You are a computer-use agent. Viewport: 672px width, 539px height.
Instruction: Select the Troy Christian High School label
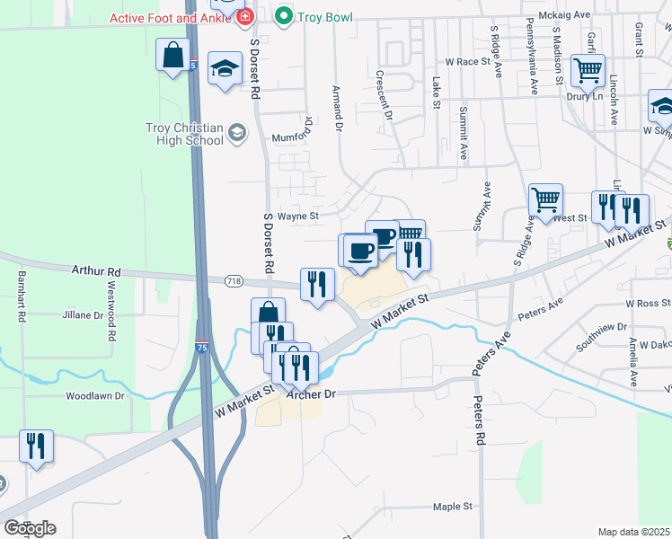tap(184, 134)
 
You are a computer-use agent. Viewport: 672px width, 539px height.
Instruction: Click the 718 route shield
tap(234, 281)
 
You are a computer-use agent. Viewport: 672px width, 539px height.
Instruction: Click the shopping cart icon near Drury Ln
tap(588, 69)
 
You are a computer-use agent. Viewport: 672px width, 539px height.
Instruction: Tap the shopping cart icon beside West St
tap(545, 199)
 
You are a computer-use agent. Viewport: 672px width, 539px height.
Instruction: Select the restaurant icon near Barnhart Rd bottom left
tap(36, 445)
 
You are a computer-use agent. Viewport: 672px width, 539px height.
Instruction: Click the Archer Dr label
tap(310, 393)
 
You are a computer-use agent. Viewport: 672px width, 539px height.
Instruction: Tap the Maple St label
tap(452, 507)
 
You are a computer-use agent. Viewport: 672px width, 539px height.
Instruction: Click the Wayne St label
tap(297, 216)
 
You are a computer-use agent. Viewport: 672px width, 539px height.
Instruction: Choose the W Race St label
tap(473, 63)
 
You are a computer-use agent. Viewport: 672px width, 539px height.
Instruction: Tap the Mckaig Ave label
tap(563, 15)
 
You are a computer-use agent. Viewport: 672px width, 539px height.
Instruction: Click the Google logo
tap(30, 528)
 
